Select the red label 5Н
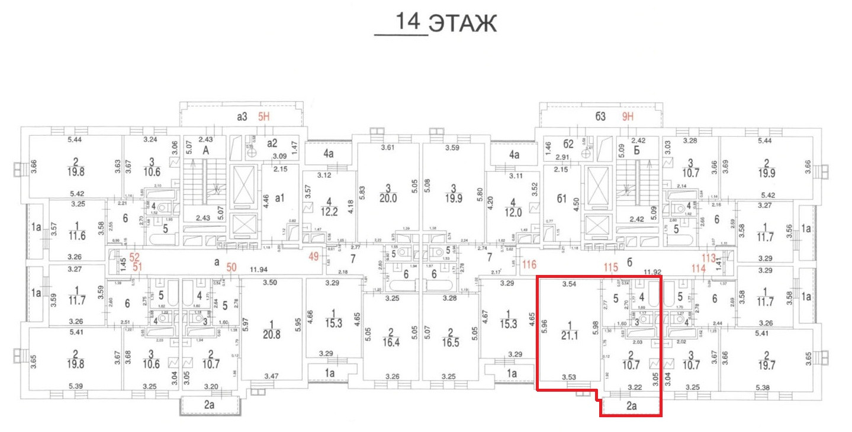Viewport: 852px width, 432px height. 263,117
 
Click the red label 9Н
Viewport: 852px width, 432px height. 628,117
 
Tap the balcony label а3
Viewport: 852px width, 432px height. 242,117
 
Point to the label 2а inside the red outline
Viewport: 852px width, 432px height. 631,406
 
